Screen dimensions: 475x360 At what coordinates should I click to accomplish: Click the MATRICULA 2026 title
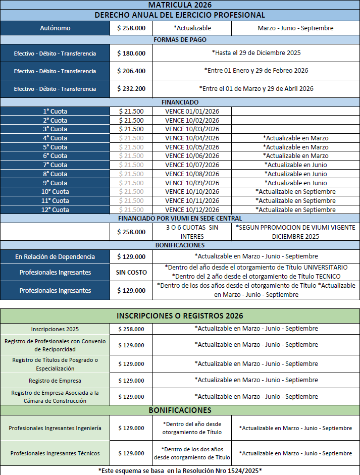180,5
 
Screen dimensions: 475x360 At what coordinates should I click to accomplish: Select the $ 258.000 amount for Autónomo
131,28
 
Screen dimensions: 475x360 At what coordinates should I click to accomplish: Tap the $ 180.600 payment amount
131,53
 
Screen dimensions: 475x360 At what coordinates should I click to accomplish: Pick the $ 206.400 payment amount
131,71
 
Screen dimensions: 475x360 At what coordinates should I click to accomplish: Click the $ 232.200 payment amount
131,89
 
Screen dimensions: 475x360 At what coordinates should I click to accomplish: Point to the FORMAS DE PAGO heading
180,40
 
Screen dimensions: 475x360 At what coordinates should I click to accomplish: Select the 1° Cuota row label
55,112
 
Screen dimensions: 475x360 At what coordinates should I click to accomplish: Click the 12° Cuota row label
55,210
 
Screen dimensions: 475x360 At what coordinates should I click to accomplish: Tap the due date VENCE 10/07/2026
192,165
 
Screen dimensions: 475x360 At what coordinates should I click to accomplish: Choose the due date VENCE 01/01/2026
192,112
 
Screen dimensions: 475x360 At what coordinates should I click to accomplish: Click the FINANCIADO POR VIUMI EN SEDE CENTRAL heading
180,219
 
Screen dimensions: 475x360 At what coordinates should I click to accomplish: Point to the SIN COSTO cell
131,273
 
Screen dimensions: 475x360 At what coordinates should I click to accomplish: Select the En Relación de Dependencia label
55,257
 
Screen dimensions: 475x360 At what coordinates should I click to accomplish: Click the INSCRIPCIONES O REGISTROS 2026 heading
180,316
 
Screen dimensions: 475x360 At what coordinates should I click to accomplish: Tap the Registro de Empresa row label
55,381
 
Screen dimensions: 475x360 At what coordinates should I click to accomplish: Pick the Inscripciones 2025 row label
55,329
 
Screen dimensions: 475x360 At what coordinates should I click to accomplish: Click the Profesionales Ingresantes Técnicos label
55,453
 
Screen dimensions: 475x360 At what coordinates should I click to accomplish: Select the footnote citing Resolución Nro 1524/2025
180,470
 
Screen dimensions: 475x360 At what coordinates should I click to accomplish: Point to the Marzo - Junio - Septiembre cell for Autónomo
295,28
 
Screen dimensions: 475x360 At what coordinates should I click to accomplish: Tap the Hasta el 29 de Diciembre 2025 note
256,53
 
